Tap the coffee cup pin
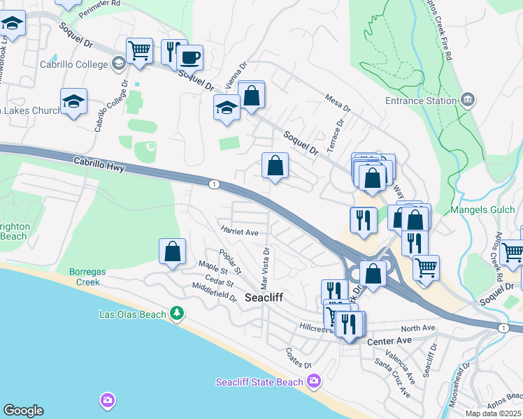190,57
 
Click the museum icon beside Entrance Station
468,100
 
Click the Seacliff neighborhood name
264,297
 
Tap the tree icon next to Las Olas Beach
178,314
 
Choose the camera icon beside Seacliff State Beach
314,381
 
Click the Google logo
23,411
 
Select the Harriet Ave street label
240,232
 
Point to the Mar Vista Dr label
265,268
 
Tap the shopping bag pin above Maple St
172,253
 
